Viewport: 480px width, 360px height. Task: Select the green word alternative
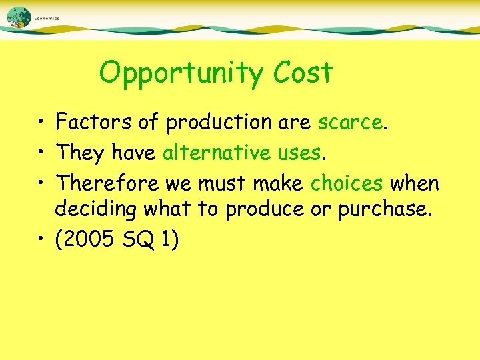pos(215,153)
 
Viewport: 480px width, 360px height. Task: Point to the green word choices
pos(346,183)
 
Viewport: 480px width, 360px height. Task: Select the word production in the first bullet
pos(228,123)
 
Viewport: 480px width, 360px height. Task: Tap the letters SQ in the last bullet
pos(136,239)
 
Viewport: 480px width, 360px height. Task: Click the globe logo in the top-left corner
pos(19,18)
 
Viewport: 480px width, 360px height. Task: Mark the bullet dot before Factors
pos(42,123)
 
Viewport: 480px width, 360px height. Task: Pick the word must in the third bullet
pos(229,183)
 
